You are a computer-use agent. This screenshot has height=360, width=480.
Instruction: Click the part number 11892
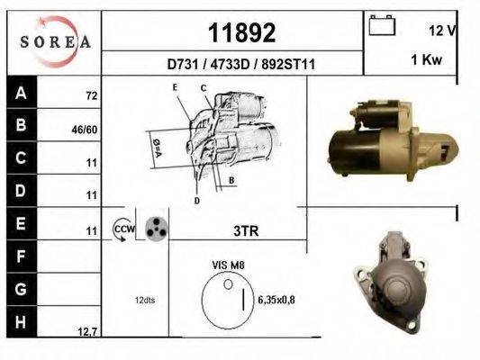241,32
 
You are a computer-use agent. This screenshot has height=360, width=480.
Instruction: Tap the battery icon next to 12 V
384,27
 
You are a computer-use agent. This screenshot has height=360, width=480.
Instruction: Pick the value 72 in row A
91,94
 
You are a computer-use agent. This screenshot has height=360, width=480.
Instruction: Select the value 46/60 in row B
85,129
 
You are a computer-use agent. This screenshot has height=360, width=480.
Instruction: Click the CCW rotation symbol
123,229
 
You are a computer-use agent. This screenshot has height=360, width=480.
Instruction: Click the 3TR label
246,230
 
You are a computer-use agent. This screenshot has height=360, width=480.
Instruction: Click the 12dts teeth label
145,300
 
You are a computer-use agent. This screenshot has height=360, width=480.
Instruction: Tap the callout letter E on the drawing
177,86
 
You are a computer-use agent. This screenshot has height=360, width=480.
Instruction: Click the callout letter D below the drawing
196,200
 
